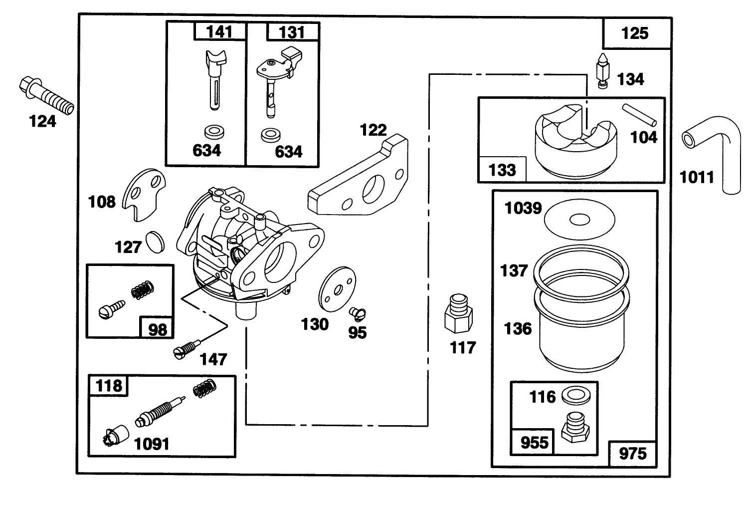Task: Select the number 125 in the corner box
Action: [x=635, y=33]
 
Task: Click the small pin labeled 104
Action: [x=640, y=114]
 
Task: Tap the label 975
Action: [x=632, y=453]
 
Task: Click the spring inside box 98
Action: [x=142, y=290]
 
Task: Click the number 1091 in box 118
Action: [x=152, y=443]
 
